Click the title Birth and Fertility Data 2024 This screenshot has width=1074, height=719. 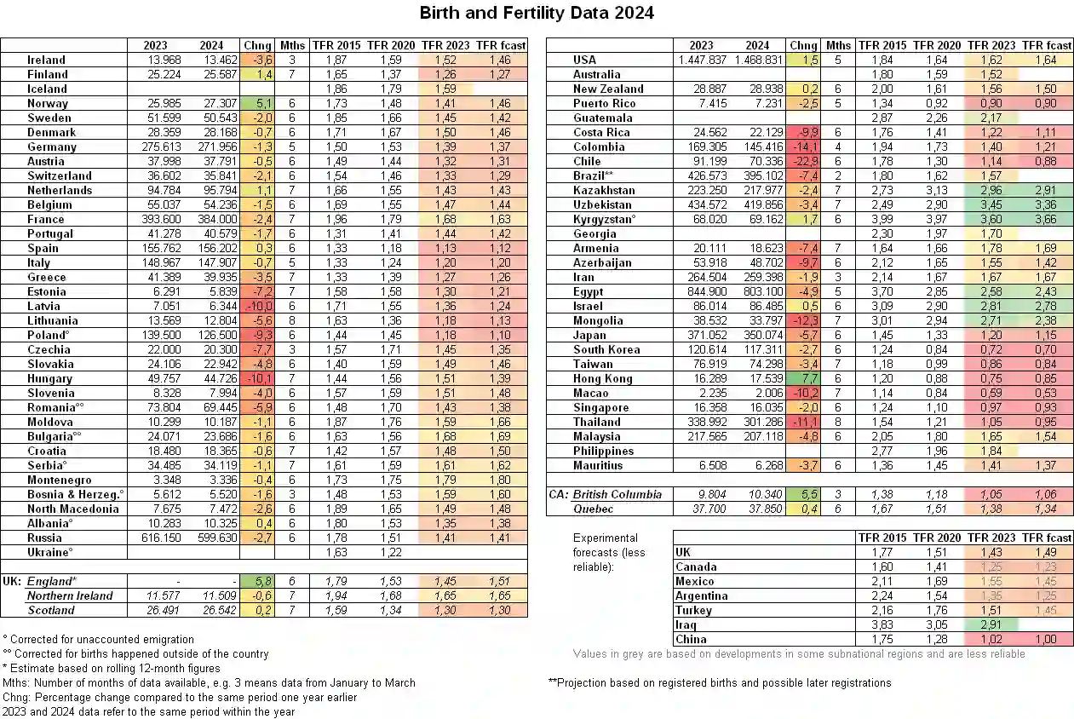pyautogui.click(x=537, y=13)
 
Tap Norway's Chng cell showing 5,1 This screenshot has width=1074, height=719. pyautogui.click(x=256, y=103)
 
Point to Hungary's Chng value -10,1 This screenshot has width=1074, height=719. pyautogui.click(x=256, y=378)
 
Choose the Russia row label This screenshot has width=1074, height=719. pyautogui.click(x=44, y=538)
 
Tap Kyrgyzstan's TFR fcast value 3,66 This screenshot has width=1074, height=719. pyautogui.click(x=1046, y=219)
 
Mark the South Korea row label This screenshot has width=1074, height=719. pyautogui.click(x=607, y=349)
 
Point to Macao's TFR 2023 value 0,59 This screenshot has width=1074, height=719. pyautogui.click(x=991, y=393)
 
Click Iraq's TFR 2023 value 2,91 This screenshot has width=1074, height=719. pyautogui.click(x=991, y=624)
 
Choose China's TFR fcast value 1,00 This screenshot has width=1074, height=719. pyautogui.click(x=1046, y=639)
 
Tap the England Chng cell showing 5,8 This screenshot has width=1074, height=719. pyautogui.click(x=256, y=581)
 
